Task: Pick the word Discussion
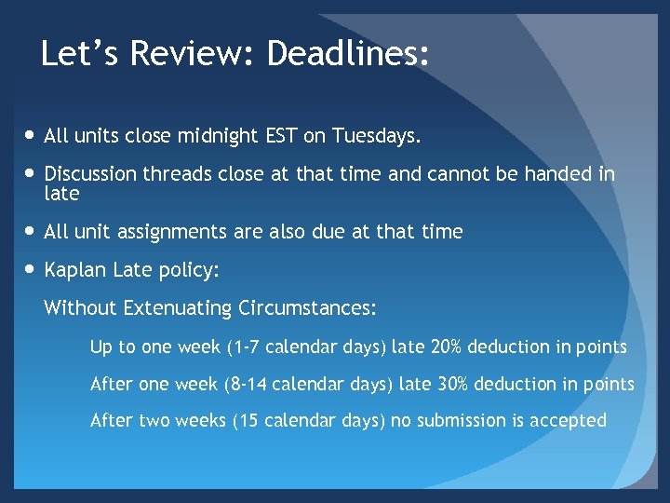click(90, 174)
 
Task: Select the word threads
click(175, 174)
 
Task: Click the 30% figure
click(454, 384)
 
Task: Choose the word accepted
click(569, 421)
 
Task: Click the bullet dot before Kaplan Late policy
click(32, 270)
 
